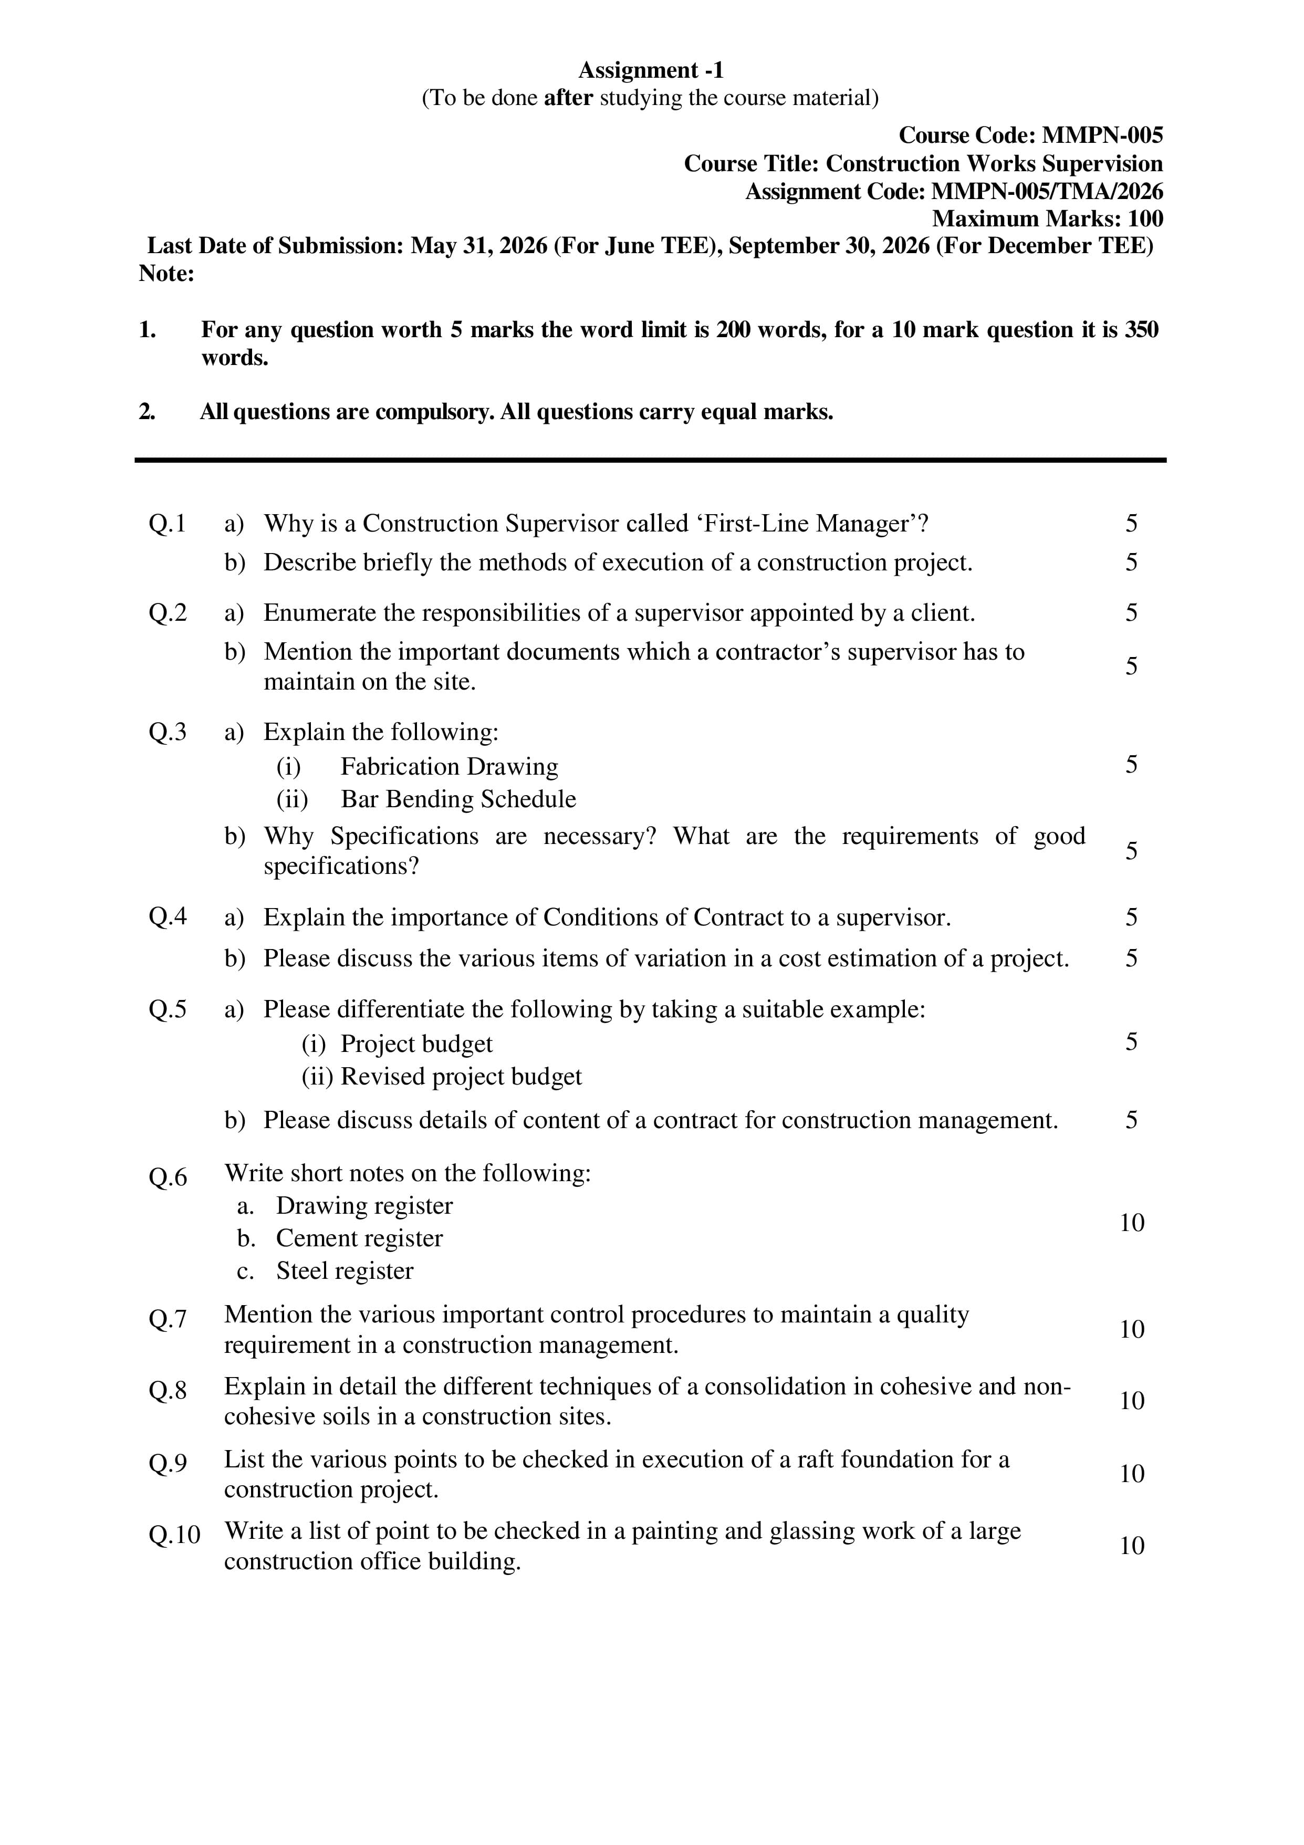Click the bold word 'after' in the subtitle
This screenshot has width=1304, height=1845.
click(x=568, y=98)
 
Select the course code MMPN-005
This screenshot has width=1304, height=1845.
click(x=1102, y=135)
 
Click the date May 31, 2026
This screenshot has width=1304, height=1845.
click(x=479, y=246)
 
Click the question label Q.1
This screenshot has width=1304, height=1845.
click(x=167, y=524)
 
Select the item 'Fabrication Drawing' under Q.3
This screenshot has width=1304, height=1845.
click(x=449, y=767)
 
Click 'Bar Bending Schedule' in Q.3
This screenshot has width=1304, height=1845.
click(x=458, y=799)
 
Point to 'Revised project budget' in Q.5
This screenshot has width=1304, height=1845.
click(x=461, y=1077)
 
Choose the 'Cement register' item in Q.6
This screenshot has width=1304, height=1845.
click(x=359, y=1238)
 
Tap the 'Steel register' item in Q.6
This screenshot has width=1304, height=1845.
click(x=345, y=1271)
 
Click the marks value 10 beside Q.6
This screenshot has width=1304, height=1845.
click(x=1131, y=1223)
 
